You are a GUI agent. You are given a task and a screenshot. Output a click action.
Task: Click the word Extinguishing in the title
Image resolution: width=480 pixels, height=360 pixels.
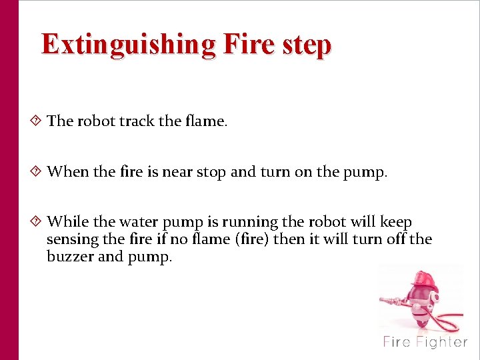tap(129, 45)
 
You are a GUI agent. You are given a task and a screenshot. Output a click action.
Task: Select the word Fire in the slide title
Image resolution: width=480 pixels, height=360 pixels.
tap(249, 45)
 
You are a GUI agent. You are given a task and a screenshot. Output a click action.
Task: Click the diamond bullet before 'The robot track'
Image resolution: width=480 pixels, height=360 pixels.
tap(37, 121)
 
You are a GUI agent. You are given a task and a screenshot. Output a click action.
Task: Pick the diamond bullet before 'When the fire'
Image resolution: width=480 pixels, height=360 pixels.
tap(37, 171)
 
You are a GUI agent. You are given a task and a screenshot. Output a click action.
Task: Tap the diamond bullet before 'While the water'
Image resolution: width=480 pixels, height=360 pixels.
tap(37, 221)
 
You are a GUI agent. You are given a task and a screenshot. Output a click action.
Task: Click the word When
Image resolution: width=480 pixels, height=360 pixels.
tap(68, 172)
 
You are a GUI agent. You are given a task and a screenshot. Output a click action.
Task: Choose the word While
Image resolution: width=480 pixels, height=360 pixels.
tap(67, 221)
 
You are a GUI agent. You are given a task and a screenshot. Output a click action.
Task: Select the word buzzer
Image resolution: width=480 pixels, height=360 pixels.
tap(70, 257)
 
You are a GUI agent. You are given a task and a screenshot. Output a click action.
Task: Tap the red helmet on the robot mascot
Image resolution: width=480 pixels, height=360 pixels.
tap(419, 280)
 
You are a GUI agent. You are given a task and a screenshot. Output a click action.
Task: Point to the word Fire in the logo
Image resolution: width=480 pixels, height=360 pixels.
tap(397, 343)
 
